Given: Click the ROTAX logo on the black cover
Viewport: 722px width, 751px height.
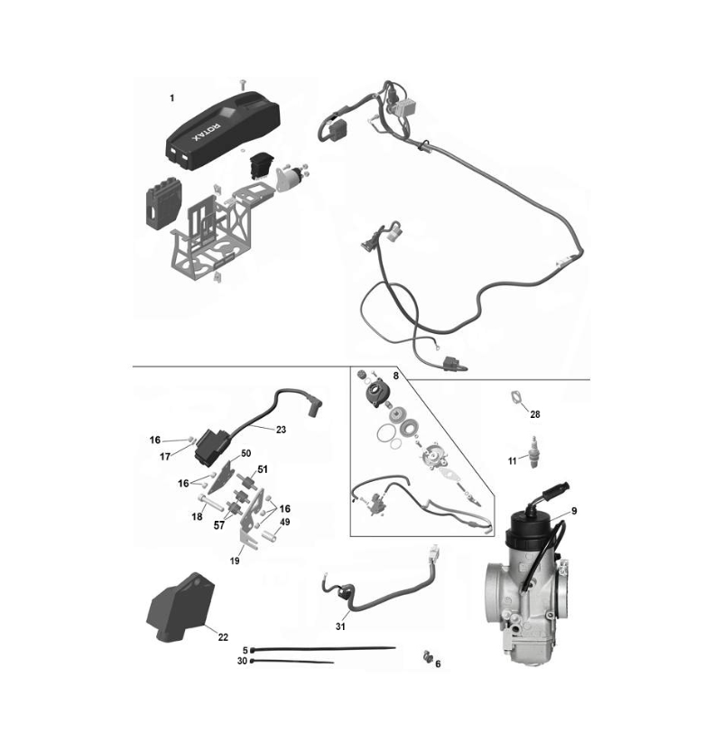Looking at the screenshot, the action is pos(207,132).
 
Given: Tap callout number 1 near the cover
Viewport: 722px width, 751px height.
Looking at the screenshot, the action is pos(172,98).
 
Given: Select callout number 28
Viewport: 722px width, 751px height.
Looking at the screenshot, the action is pos(535,414).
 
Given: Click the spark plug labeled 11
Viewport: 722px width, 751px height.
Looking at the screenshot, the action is pos(533,451).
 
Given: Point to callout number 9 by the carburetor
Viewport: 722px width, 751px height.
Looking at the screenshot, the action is pos(574,511).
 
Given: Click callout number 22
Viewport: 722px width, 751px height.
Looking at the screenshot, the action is pos(223,637).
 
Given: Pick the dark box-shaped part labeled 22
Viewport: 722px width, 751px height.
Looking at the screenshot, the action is pos(180,607).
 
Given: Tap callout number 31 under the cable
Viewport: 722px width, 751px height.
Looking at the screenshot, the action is pos(340,626).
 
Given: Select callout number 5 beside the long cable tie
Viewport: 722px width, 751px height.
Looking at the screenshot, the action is pos(245,651).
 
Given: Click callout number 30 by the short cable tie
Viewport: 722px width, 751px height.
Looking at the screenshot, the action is pos(242,662).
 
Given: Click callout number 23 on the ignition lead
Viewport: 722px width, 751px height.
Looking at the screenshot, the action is pos(281,430).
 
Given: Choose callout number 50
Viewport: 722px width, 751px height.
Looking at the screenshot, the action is pos(245,453).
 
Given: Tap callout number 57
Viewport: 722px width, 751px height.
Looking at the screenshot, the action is pos(218,525).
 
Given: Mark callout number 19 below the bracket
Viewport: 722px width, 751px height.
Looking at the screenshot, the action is pos(235,561).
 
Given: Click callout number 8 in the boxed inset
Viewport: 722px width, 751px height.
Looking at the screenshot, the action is pos(396,376).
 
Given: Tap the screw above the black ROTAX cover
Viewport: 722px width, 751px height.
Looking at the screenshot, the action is pos(242,84).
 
